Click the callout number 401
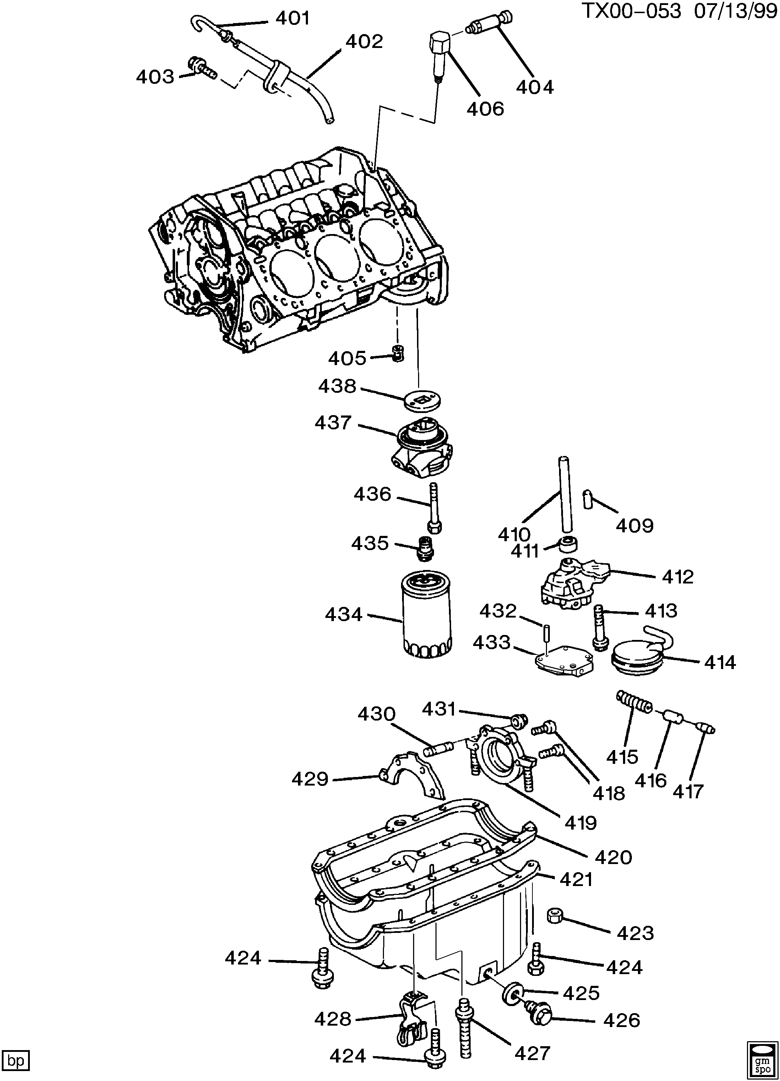pos(293,18)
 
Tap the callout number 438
pos(337,386)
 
